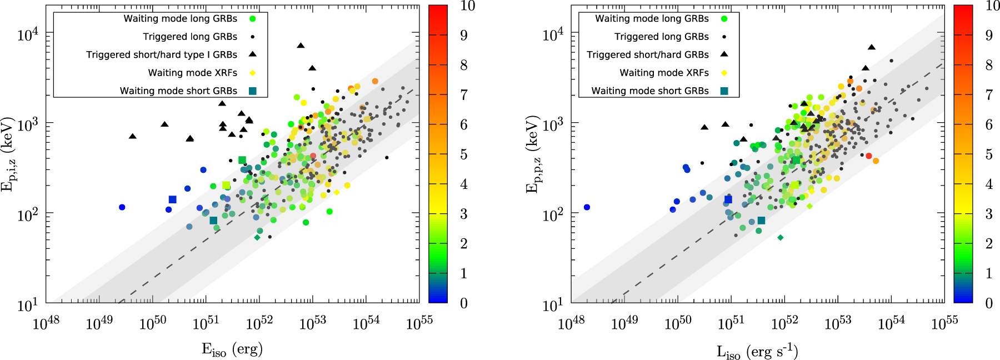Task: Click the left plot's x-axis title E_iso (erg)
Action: click(x=232, y=349)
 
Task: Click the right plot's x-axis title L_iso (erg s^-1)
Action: click(x=757, y=351)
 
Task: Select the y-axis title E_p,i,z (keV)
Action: click(x=8, y=154)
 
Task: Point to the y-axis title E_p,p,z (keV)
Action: click(x=532, y=154)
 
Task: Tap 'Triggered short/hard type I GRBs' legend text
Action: click(x=162, y=54)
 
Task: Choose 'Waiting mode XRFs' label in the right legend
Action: click(x=664, y=73)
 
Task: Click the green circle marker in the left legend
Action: click(x=253, y=19)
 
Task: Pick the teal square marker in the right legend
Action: click(x=724, y=91)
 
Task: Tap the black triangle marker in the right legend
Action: click(x=724, y=54)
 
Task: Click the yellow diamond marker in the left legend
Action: click(x=253, y=73)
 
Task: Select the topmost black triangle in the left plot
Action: click(x=301, y=46)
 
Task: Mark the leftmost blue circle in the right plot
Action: click(x=587, y=207)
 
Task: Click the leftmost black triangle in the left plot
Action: click(x=132, y=136)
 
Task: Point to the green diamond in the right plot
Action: click(x=780, y=237)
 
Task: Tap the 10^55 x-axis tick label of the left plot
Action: click(x=419, y=323)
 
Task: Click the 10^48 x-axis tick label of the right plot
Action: click(x=571, y=323)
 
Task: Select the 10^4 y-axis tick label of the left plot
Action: click(x=28, y=34)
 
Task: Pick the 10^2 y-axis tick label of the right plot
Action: click(x=553, y=214)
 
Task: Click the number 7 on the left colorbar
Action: click(x=463, y=95)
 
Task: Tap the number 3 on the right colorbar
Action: click(x=989, y=214)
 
